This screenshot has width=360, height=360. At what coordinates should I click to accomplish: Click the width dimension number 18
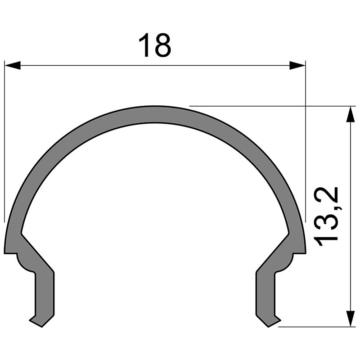[154, 45]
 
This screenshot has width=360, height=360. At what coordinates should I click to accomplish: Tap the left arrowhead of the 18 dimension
[13, 66]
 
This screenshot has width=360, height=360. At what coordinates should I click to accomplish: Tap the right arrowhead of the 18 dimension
[297, 66]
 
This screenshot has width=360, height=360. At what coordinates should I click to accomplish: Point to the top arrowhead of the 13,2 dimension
[350, 114]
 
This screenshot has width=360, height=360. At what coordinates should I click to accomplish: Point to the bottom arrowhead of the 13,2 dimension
[350, 318]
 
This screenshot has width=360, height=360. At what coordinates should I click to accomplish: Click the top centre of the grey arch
[155, 115]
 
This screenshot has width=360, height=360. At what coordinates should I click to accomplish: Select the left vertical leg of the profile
[45, 292]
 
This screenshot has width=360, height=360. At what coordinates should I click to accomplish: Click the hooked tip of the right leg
[274, 321]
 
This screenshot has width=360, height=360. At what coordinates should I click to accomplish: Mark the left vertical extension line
[4, 135]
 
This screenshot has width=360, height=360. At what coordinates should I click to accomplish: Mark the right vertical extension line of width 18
[306, 135]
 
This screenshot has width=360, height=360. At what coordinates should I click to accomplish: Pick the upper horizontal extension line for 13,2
[270, 106]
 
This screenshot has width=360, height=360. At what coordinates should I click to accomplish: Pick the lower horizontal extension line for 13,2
[315, 327]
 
